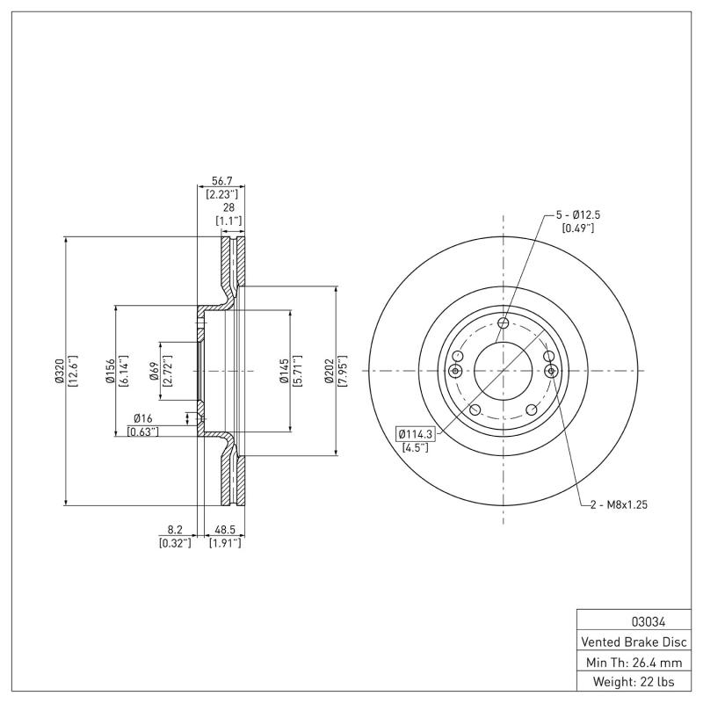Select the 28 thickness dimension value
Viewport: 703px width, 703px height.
229,207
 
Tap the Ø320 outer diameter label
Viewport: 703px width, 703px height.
59,371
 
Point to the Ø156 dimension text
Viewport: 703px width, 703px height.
111,371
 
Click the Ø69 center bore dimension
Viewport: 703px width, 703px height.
154,371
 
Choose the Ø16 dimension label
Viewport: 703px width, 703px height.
144,418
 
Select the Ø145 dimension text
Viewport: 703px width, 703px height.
284,371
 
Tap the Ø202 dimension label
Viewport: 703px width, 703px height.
329,371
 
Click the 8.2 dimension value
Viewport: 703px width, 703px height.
175,530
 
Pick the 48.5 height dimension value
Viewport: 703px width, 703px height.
224,530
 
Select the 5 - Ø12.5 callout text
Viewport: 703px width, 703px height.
577,214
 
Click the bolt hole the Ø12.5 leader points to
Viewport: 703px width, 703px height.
503,323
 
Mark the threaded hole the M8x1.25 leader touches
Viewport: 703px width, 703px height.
551,372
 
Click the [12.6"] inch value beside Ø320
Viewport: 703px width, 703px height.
72,371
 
